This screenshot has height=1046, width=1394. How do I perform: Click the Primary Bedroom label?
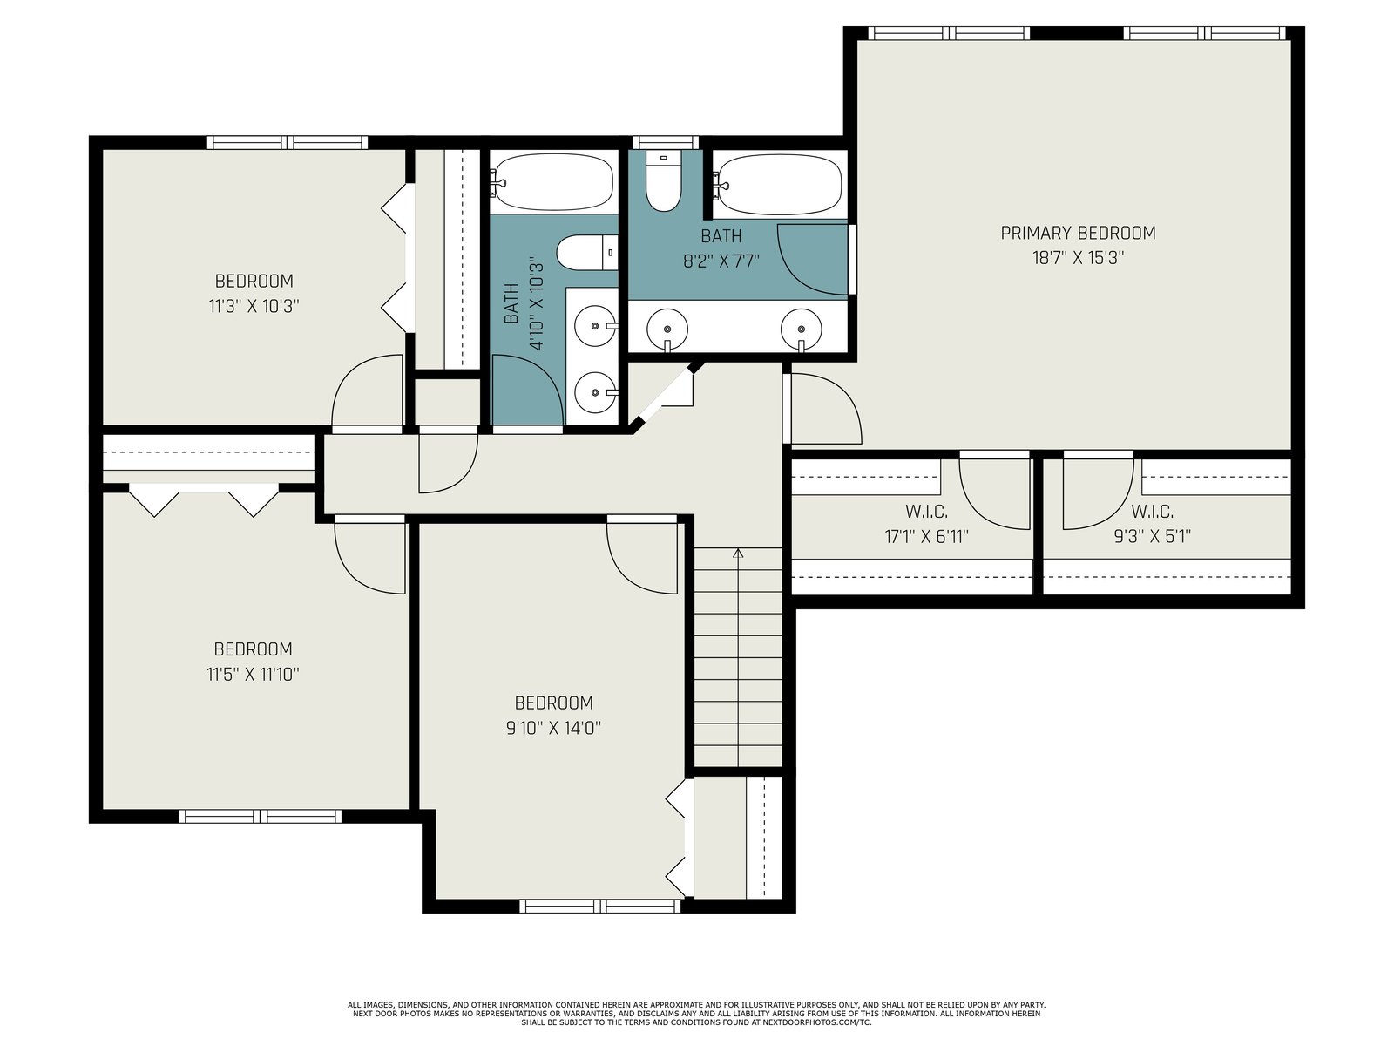point(1078,233)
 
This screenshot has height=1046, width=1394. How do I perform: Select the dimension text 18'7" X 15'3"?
point(1078,258)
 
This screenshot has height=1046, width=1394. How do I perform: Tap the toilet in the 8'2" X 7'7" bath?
point(663,180)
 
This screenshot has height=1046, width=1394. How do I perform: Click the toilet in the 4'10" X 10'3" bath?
point(587,252)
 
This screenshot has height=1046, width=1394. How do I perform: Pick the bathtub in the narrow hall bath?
point(553,181)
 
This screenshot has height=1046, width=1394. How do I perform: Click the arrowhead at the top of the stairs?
point(737,554)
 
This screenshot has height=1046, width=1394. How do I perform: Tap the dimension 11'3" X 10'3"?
point(254,307)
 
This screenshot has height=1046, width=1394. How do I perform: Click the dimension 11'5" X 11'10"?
point(253,674)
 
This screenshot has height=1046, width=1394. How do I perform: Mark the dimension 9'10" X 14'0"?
point(554,728)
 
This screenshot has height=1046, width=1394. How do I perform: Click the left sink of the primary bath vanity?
point(667,329)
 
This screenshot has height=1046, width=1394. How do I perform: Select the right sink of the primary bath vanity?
point(802,329)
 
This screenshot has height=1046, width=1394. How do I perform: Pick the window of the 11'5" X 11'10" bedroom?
point(261,816)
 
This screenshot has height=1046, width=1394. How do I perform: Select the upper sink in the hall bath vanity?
point(595,325)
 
